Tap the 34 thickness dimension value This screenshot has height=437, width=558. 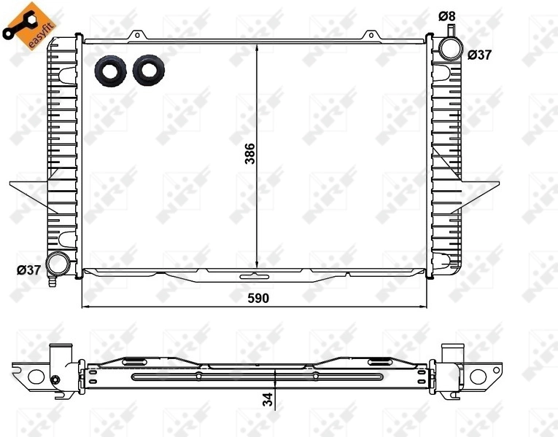pos(268,399)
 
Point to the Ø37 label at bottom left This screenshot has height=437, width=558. pos(28,270)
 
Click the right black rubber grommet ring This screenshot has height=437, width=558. pos(149,69)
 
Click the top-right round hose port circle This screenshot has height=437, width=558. pos(449,48)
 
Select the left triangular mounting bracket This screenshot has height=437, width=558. pos(29,191)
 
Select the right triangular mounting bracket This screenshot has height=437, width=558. pos(481,191)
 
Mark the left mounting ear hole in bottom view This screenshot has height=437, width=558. pos(35,376)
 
